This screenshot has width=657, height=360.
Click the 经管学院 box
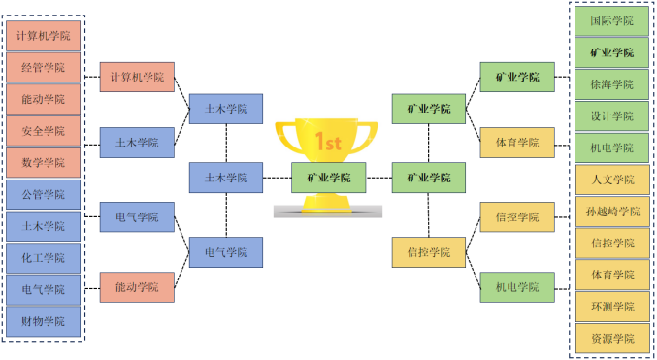tap(43, 68)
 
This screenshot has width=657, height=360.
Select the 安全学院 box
tap(43, 131)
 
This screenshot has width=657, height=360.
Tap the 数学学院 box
tap(43, 163)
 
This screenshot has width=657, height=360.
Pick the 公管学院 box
tap(43, 194)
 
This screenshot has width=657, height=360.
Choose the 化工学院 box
tap(43, 258)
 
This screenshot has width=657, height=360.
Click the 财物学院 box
tap(43, 321)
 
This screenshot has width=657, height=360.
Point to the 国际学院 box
tap(611, 21)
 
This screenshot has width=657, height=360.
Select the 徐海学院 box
tap(611, 84)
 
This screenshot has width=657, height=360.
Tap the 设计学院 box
tap(611, 116)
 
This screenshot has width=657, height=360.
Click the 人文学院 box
tap(612, 180)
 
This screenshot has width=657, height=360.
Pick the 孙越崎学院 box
tap(612, 212)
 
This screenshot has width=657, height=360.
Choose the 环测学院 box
tap(612, 307)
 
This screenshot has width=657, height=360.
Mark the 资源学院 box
tap(612, 339)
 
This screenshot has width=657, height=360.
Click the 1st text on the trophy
tap(328, 142)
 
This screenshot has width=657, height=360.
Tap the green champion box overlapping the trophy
tap(328, 178)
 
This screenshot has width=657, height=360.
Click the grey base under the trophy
tap(328, 212)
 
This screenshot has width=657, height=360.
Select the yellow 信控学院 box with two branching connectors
tap(429, 252)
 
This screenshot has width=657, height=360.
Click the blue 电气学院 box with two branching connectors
tap(226, 252)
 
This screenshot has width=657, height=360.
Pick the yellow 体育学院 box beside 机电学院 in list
tap(517, 143)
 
